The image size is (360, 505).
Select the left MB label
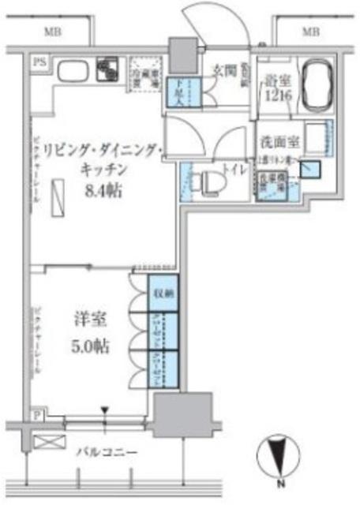click(x=53, y=32)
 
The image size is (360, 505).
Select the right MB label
click(x=310, y=32)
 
